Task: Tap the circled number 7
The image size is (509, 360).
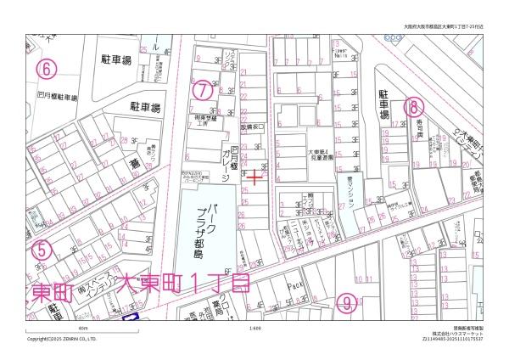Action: pyautogui.click(x=201, y=88)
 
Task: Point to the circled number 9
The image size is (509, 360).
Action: pyautogui.click(x=344, y=301)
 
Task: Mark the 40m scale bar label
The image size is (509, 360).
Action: pyautogui.click(x=82, y=328)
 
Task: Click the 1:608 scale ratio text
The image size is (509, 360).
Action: pyautogui.click(x=255, y=328)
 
